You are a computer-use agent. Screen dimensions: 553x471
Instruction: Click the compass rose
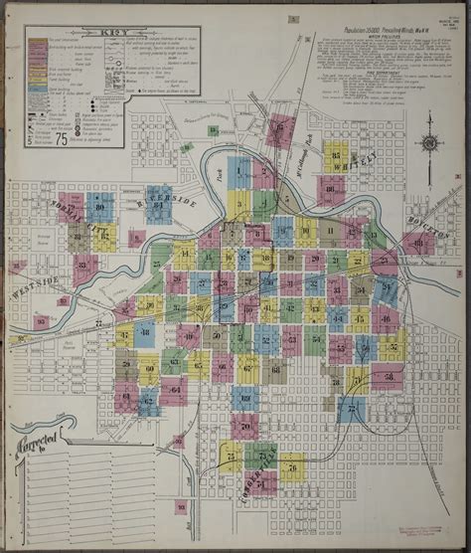click(x=430, y=142)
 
